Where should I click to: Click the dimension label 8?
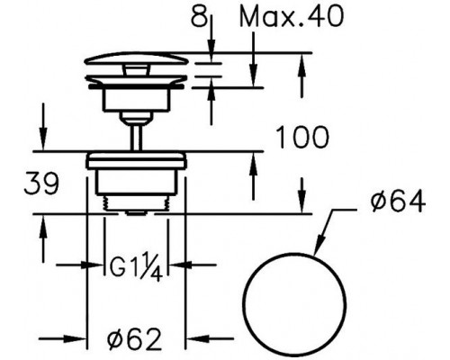coord(200,16)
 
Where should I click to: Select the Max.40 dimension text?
coord(291,16)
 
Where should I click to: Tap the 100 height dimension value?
coord(301,138)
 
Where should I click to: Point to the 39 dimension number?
coord(41,183)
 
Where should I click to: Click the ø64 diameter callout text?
coord(398,202)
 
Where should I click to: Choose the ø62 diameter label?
coord(135,339)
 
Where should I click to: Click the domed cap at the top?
coord(137,58)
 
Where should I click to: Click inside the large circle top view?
coord(294,305)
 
